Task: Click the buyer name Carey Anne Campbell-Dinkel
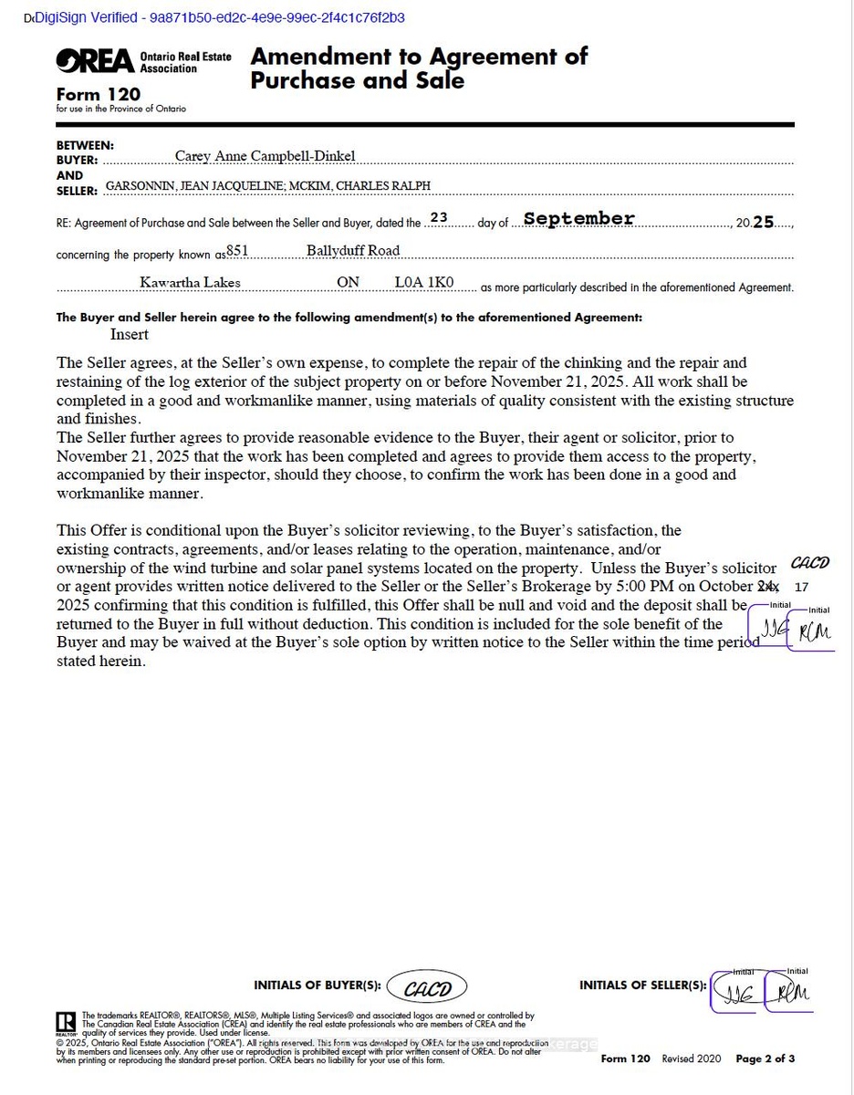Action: tap(265, 156)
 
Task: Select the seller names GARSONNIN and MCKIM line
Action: tap(268, 186)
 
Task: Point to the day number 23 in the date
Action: tap(439, 218)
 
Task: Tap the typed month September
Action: tap(578, 219)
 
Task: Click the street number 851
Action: tap(237, 250)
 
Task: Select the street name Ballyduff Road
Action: tap(353, 250)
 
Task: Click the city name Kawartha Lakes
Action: tap(190, 283)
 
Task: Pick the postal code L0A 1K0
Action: tap(423, 283)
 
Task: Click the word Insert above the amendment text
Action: tap(129, 334)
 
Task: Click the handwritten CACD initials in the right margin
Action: tap(809, 563)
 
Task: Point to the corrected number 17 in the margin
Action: tap(802, 587)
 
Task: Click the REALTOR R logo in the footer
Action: tap(66, 1022)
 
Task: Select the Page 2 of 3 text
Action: tap(765, 1058)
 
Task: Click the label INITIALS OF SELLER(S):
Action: tap(642, 985)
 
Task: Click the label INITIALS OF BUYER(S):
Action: tap(317, 985)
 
